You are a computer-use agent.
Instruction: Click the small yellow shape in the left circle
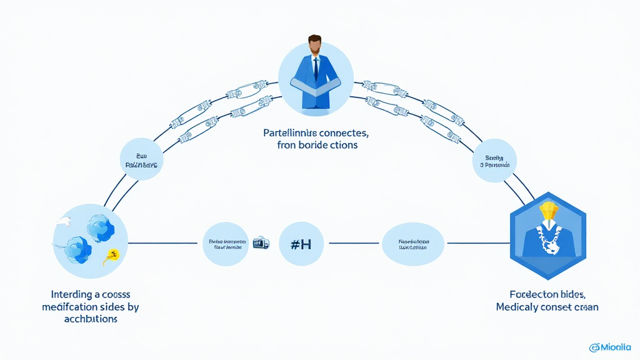(x=113, y=254)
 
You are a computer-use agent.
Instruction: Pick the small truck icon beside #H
(x=260, y=243)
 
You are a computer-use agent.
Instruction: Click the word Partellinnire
(x=293, y=133)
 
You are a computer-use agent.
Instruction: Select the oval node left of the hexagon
(x=413, y=244)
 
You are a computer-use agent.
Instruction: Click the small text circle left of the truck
(x=226, y=244)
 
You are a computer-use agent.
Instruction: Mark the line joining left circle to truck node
(x=166, y=244)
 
